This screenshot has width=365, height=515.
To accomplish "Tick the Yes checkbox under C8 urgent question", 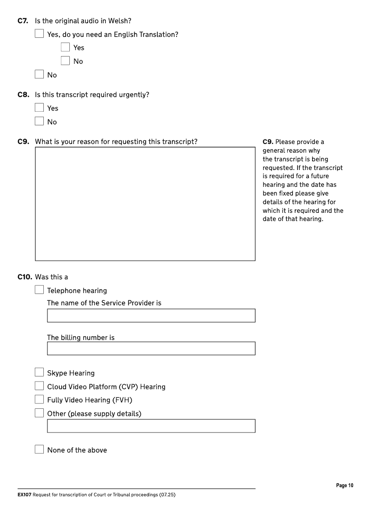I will [x=40, y=108].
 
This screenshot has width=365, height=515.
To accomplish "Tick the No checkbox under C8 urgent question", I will [x=40, y=122].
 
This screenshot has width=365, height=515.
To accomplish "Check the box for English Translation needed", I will [x=66, y=47].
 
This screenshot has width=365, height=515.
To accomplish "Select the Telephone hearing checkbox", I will [x=40, y=290].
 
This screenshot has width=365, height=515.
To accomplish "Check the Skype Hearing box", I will [x=40, y=373].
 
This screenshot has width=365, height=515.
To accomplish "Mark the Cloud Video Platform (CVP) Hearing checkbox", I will [x=40, y=386].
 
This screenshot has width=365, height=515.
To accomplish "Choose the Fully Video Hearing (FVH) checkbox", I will [x=40, y=400].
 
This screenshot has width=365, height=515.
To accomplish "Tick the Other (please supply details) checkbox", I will [x=40, y=413].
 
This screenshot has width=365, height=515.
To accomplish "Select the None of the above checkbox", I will [x=40, y=450].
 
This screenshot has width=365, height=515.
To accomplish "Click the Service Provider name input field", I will [x=151, y=315].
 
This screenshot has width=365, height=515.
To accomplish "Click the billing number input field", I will [x=151, y=349].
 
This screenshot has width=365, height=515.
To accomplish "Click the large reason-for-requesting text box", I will [x=145, y=204].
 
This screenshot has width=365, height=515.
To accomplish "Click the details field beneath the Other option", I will [x=151, y=426].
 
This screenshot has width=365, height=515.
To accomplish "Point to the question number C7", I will [x=23, y=21].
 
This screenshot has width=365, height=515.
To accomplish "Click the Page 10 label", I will [x=344, y=486].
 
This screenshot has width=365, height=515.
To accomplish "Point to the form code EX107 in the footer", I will [x=24, y=495].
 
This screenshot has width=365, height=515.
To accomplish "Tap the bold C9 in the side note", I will [x=268, y=142].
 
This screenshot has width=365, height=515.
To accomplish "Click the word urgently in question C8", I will [x=135, y=95].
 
